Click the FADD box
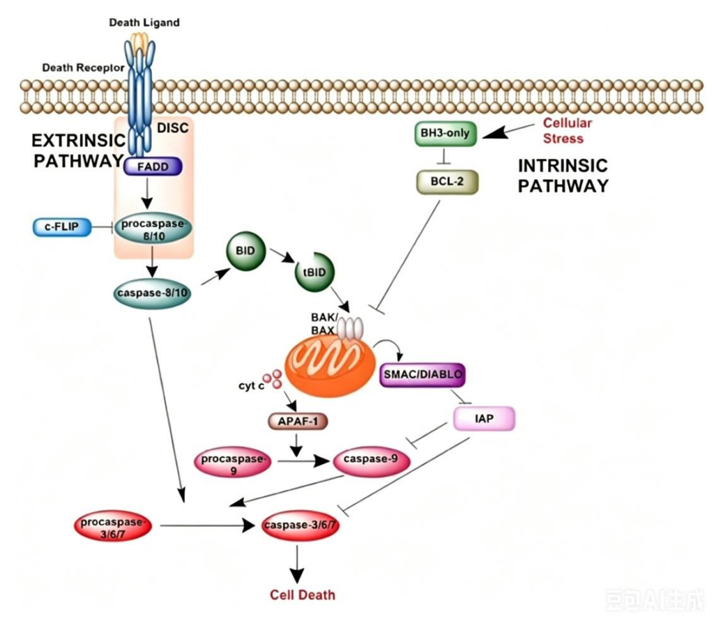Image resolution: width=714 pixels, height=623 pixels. [153, 167]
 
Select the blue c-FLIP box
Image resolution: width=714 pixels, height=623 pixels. [62, 226]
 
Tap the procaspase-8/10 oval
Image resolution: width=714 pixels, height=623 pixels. [153, 230]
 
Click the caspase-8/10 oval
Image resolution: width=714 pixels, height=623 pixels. [152, 293]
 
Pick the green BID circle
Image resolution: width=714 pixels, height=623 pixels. [246, 251]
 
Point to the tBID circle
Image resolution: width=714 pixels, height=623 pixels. [314, 272]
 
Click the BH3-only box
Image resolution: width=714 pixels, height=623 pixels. [446, 133]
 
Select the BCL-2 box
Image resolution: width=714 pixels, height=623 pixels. [447, 182]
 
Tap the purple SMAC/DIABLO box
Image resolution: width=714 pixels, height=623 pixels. [423, 374]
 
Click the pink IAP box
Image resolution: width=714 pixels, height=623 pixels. [484, 418]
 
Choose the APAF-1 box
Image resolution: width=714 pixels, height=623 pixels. [298, 422]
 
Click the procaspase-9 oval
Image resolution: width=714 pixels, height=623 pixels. [233, 461]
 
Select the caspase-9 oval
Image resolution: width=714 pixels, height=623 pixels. [371, 461]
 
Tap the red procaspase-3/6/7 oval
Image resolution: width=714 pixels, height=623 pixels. [112, 526]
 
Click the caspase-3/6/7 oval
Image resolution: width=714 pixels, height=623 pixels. [301, 525]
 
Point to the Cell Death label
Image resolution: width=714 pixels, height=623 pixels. [303, 595]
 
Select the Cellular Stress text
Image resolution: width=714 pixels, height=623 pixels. [568, 130]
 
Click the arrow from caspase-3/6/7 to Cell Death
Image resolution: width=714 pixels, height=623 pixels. [297, 564]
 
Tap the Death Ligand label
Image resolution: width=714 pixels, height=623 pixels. [144, 22]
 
